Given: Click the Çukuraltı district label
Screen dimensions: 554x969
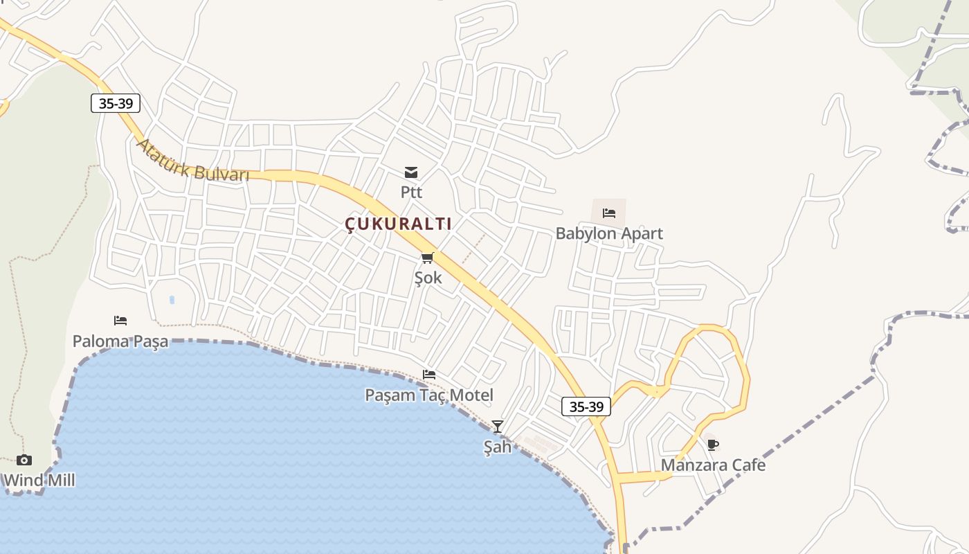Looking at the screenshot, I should point(398,224).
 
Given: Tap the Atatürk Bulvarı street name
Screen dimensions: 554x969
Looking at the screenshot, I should point(192,161).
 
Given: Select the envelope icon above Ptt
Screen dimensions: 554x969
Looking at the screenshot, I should point(411,172).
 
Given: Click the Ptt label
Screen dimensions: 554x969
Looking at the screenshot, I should point(411,192).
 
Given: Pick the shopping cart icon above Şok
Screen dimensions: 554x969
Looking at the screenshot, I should point(428,258).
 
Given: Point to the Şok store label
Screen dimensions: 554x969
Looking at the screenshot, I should point(428,278).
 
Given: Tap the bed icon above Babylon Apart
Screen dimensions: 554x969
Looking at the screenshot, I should point(609,213).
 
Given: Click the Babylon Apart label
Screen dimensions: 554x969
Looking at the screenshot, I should point(609,233).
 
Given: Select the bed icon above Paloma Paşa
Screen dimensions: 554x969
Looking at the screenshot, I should point(120,321).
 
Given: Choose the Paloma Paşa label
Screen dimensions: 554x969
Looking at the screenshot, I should point(120,341).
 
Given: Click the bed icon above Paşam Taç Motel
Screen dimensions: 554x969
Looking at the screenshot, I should point(429,375).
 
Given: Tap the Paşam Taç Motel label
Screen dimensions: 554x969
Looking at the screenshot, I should point(429,395).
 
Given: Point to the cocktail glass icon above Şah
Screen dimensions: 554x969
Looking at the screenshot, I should point(497,426).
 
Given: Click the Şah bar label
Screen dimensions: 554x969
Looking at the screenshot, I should point(497,447).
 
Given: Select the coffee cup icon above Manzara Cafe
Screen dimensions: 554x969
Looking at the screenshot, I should point(713,445).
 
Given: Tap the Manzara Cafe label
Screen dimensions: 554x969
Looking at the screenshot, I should point(713,465).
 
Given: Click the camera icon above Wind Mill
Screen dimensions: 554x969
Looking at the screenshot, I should point(24,460).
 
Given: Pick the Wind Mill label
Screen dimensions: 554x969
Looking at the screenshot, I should point(39,480).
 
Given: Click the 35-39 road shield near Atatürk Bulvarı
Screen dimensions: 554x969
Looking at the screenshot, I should point(116,104).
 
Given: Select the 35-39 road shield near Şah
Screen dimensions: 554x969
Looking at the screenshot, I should point(586,406).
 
